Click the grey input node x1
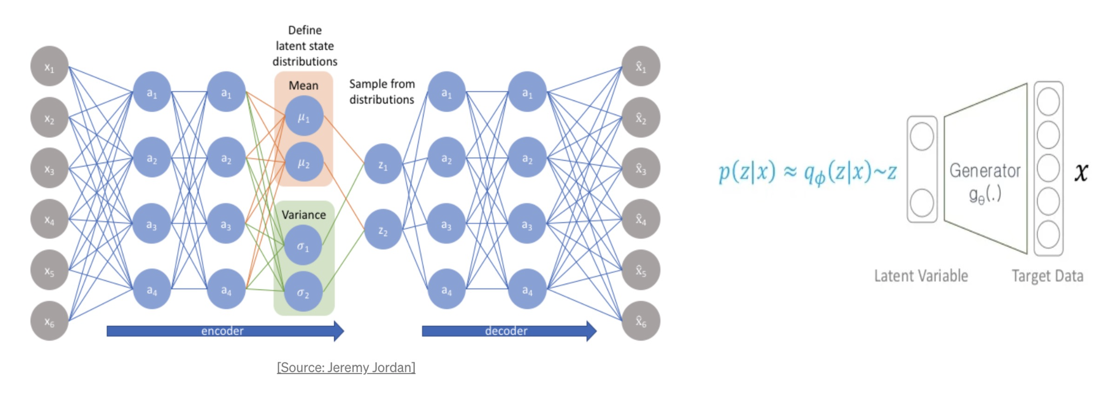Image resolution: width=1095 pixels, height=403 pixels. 49,66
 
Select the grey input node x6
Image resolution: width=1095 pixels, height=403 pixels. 49,321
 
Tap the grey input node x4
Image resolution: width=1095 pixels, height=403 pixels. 49,219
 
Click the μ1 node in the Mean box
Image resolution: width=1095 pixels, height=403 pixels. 303,116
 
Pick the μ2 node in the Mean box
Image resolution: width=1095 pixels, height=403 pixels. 303,162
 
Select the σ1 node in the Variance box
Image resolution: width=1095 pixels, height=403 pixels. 303,245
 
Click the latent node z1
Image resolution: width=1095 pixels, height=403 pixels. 383,164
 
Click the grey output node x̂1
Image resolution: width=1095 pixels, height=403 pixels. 641,66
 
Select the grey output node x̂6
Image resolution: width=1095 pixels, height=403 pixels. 641,321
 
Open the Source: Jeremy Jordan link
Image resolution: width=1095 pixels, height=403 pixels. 346,367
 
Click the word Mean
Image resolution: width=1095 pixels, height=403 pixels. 303,85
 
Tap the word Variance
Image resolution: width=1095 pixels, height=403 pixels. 303,215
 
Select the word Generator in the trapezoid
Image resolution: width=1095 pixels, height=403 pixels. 985,171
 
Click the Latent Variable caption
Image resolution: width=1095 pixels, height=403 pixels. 921,276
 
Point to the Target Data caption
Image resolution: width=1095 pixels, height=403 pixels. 1047,276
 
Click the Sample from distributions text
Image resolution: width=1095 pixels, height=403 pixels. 382,92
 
